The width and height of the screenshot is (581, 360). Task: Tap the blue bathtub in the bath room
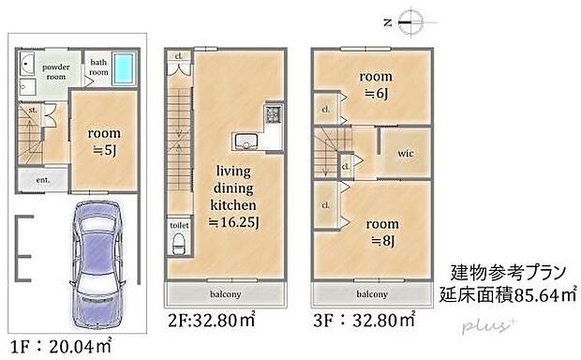coord(123,72)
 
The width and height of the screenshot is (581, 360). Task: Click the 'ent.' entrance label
coord(42,178)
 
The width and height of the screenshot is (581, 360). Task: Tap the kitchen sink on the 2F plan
coord(246,142)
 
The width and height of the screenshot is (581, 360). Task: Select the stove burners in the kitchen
coord(273,116)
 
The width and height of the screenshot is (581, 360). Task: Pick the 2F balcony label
coord(225,292)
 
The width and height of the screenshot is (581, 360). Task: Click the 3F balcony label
coord(373,292)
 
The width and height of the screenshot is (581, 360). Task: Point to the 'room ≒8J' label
coord(382,232)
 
